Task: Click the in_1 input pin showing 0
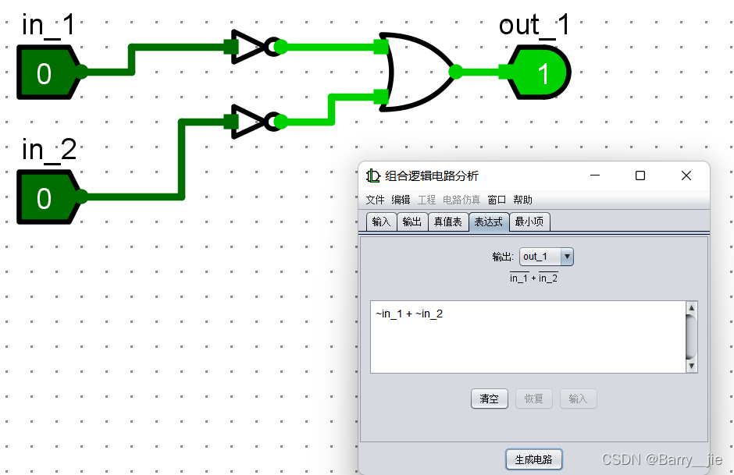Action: (x=45, y=73)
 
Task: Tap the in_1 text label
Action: (x=48, y=25)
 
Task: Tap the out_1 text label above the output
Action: (x=534, y=25)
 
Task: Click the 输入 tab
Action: (x=381, y=222)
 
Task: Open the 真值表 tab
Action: (x=447, y=222)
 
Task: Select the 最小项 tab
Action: (x=530, y=222)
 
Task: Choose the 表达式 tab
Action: (x=489, y=222)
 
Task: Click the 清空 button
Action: (x=489, y=399)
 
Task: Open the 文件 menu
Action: (x=376, y=200)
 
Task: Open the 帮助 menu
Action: (x=522, y=200)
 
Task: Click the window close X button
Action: (x=686, y=175)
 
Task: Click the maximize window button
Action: (x=640, y=175)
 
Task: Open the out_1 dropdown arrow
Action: (x=567, y=256)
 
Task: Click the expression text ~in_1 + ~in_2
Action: (x=409, y=314)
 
